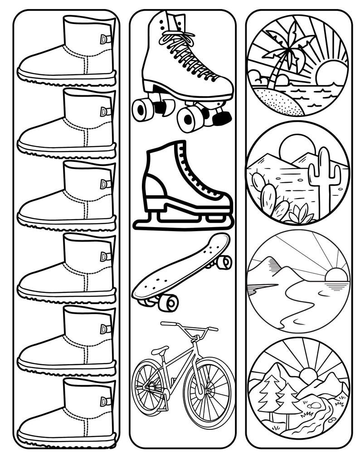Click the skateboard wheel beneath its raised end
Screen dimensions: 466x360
[x=224, y=262]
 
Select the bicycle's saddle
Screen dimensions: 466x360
[x=160, y=350]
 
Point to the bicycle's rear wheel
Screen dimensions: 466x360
[x=148, y=385]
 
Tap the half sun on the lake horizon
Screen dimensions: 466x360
[x=336, y=274]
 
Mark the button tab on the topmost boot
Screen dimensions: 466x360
[x=106, y=39]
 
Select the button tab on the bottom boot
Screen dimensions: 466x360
[x=106, y=401]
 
